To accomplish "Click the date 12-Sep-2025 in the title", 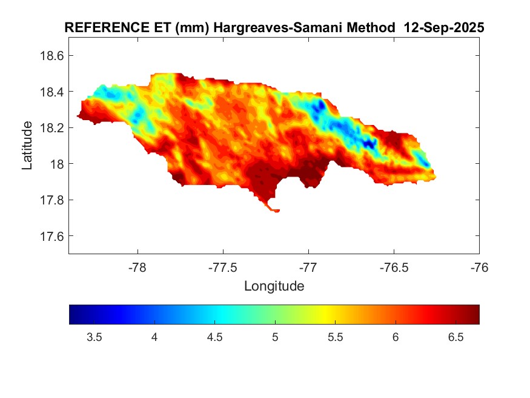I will pos(448,28).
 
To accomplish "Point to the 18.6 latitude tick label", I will pos(51,56).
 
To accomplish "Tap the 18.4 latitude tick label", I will pos(51,92).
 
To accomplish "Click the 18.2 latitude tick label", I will pos(51,128).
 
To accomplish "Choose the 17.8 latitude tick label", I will pos(51,200).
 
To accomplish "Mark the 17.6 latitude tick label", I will pos(51,236).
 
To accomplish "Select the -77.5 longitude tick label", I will pos(223,268).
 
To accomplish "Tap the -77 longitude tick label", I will pos(308,268).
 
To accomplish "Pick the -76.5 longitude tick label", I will pos(394,268).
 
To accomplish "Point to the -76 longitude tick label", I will pos(479,268).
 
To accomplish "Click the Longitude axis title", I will pos(274,286).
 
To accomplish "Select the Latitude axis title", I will pos(27,146).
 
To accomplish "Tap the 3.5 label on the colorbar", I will pos(94,337).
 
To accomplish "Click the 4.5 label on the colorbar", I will pos(214,337).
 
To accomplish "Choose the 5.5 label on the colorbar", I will pos(335,337).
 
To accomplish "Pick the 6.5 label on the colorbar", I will pos(455,337).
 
